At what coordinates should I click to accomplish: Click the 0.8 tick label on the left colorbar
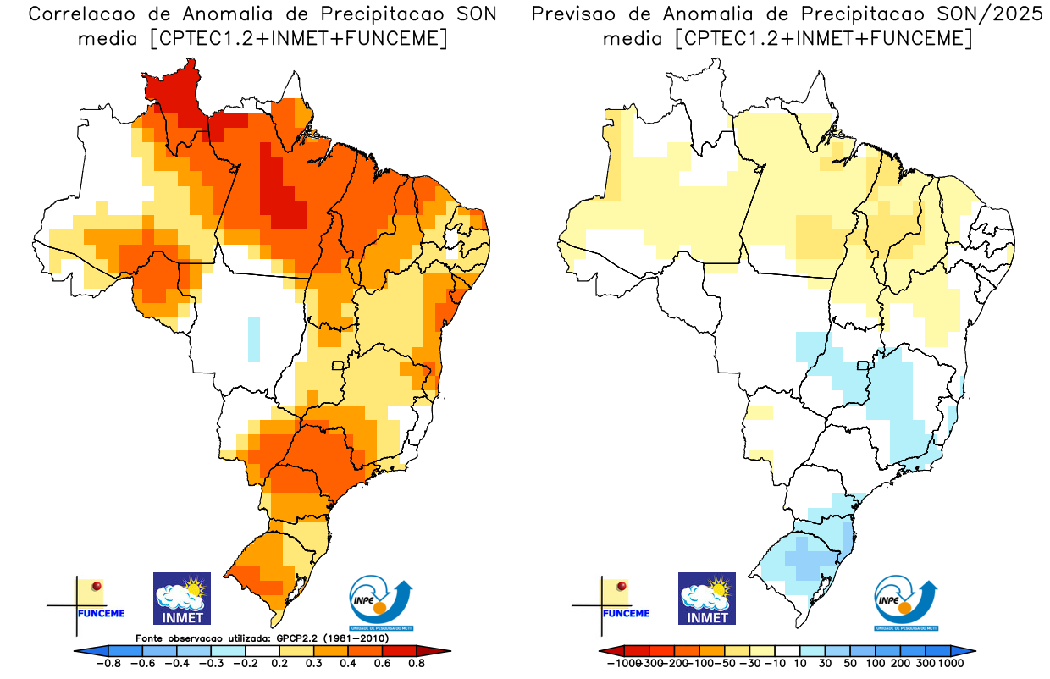416,664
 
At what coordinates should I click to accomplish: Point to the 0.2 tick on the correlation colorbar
280,664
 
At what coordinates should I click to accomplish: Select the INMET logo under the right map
707,598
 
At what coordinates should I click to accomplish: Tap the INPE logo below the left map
382,598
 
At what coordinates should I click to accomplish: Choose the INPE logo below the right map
906,598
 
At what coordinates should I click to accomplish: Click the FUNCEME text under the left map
102,614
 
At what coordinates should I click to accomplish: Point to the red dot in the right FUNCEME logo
622,586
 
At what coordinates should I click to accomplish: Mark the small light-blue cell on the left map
253,339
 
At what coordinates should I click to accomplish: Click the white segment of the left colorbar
262,651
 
